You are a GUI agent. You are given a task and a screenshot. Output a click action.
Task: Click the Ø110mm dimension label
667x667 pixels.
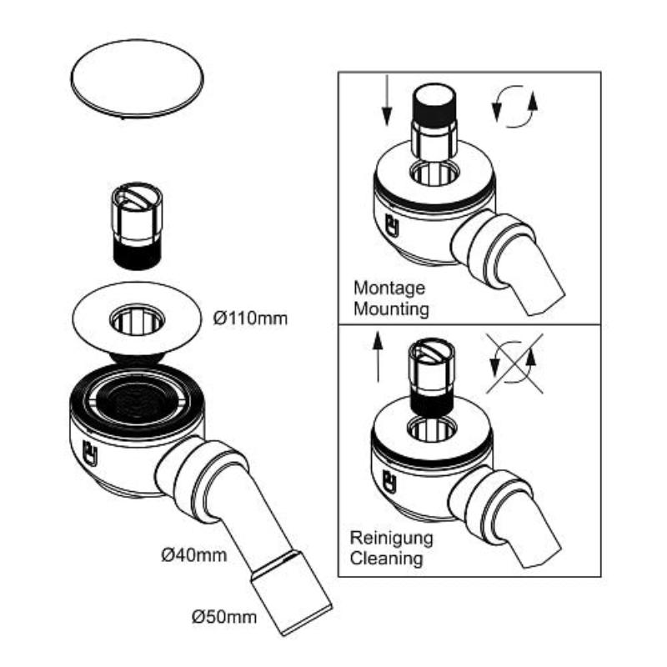coord(249,318)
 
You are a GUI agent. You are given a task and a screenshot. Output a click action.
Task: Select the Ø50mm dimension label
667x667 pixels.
coord(223,618)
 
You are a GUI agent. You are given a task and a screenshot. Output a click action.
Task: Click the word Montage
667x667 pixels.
coord(389,288)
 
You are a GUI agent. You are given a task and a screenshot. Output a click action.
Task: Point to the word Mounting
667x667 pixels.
coord(392,309)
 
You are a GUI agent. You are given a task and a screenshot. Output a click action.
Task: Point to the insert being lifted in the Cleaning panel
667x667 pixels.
coord(432,375)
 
